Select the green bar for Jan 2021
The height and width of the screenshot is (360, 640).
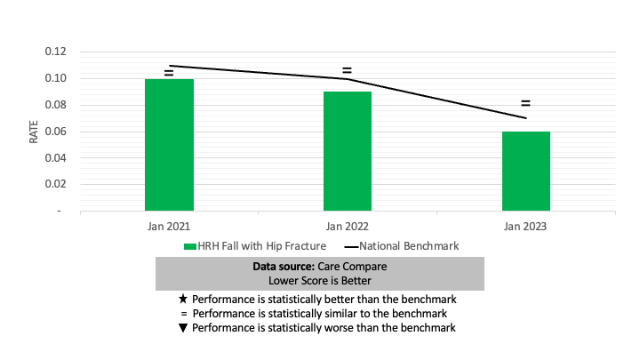click(169, 145)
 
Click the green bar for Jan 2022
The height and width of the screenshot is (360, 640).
click(348, 151)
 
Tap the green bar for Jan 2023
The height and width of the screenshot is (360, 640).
click(526, 171)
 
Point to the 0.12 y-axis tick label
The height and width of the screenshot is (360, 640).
click(55, 52)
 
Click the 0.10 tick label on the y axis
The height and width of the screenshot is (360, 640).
click(55, 78)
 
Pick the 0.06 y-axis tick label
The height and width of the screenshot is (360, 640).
click(55, 131)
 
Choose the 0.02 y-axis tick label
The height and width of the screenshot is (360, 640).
click(55, 184)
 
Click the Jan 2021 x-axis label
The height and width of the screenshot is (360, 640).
click(169, 226)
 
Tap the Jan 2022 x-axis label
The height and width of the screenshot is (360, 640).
click(348, 226)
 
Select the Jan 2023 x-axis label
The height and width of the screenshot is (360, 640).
click(525, 226)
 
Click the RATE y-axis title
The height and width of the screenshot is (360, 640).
click(34, 132)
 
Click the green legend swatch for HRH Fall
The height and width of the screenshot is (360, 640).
click(190, 246)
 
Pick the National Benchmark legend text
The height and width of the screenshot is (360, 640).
click(409, 246)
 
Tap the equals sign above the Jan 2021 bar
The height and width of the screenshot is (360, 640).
click(169, 73)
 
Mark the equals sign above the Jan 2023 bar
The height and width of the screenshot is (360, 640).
click(525, 103)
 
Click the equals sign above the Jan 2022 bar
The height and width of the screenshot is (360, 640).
click(347, 70)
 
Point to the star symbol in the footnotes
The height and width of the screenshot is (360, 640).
click(183, 299)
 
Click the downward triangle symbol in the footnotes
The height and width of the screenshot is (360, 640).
click(183, 328)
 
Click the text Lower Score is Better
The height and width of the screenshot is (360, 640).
click(320, 281)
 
